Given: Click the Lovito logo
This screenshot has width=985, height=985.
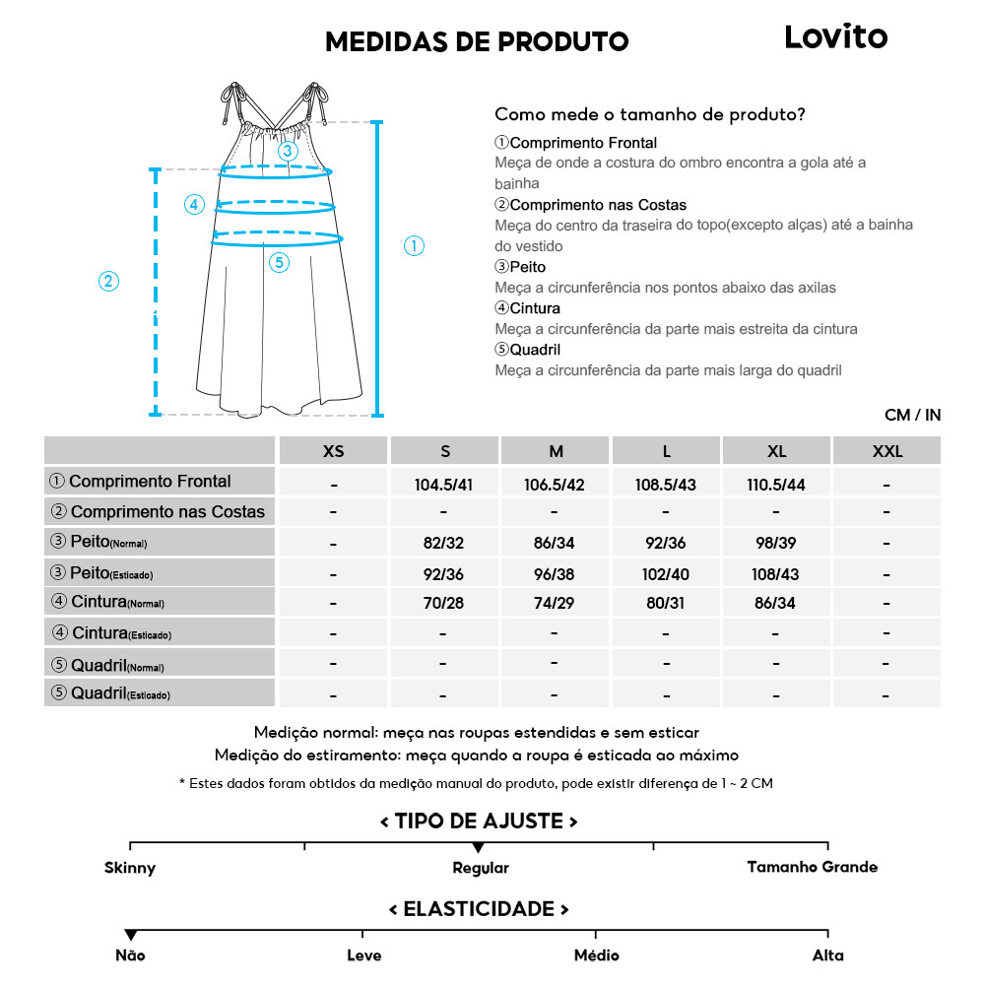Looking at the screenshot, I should (x=835, y=37).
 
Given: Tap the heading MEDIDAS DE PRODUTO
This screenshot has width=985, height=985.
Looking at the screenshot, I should (x=477, y=41).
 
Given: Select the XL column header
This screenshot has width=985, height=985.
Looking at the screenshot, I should (x=776, y=451).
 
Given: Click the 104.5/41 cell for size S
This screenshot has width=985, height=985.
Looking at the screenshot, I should (x=444, y=484).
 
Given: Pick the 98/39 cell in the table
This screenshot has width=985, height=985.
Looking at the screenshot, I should (x=776, y=543).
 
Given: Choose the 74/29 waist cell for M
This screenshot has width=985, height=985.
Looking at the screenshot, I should (x=556, y=603).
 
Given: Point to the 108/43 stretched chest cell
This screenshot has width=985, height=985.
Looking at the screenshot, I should (x=776, y=573).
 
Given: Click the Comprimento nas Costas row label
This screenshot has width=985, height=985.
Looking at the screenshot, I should (x=160, y=512).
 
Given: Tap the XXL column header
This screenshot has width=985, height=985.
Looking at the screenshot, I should (x=886, y=451).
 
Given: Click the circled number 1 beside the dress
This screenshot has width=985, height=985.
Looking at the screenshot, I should (x=415, y=246).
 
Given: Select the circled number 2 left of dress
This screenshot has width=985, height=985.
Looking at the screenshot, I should (x=109, y=281).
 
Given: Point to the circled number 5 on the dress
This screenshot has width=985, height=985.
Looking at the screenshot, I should (x=279, y=262).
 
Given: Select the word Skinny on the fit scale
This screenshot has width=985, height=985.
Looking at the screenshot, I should (x=130, y=868).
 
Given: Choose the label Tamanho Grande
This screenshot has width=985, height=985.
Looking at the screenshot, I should (x=812, y=867).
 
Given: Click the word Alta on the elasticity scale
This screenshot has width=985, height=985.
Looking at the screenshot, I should (x=828, y=955).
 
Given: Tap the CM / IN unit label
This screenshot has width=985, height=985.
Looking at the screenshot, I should (x=912, y=415).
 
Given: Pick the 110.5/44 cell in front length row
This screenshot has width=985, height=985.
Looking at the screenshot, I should (x=776, y=484).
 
